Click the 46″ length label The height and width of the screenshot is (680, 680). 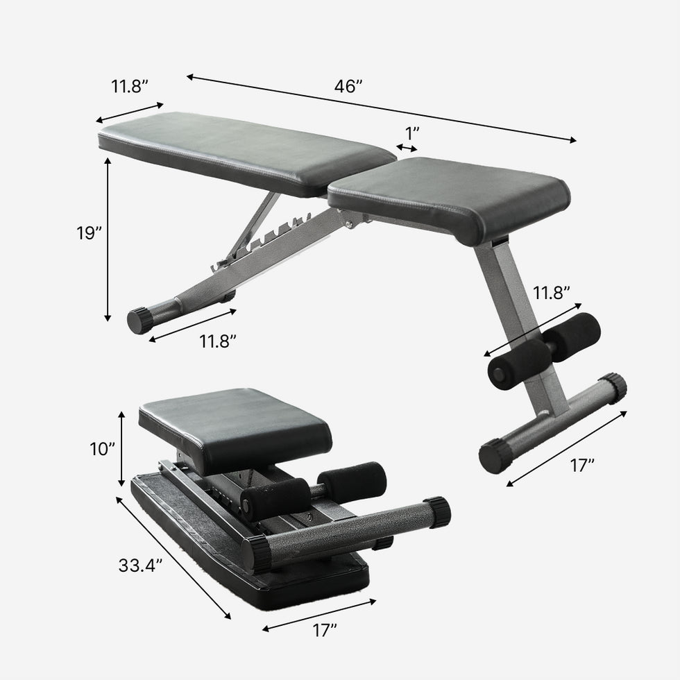[x=348, y=87]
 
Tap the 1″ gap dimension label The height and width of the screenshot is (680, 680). [x=412, y=131]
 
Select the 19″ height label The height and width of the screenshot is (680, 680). [x=89, y=233]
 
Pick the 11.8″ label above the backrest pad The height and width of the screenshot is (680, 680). [x=130, y=87]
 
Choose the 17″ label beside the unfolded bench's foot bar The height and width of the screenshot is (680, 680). [x=583, y=465]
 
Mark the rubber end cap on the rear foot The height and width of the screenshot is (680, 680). [x=139, y=321]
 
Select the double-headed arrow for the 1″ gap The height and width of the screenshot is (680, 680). [x=407, y=147]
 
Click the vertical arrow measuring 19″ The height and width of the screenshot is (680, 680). [x=108, y=239]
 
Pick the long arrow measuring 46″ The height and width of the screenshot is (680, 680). [x=382, y=109]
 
